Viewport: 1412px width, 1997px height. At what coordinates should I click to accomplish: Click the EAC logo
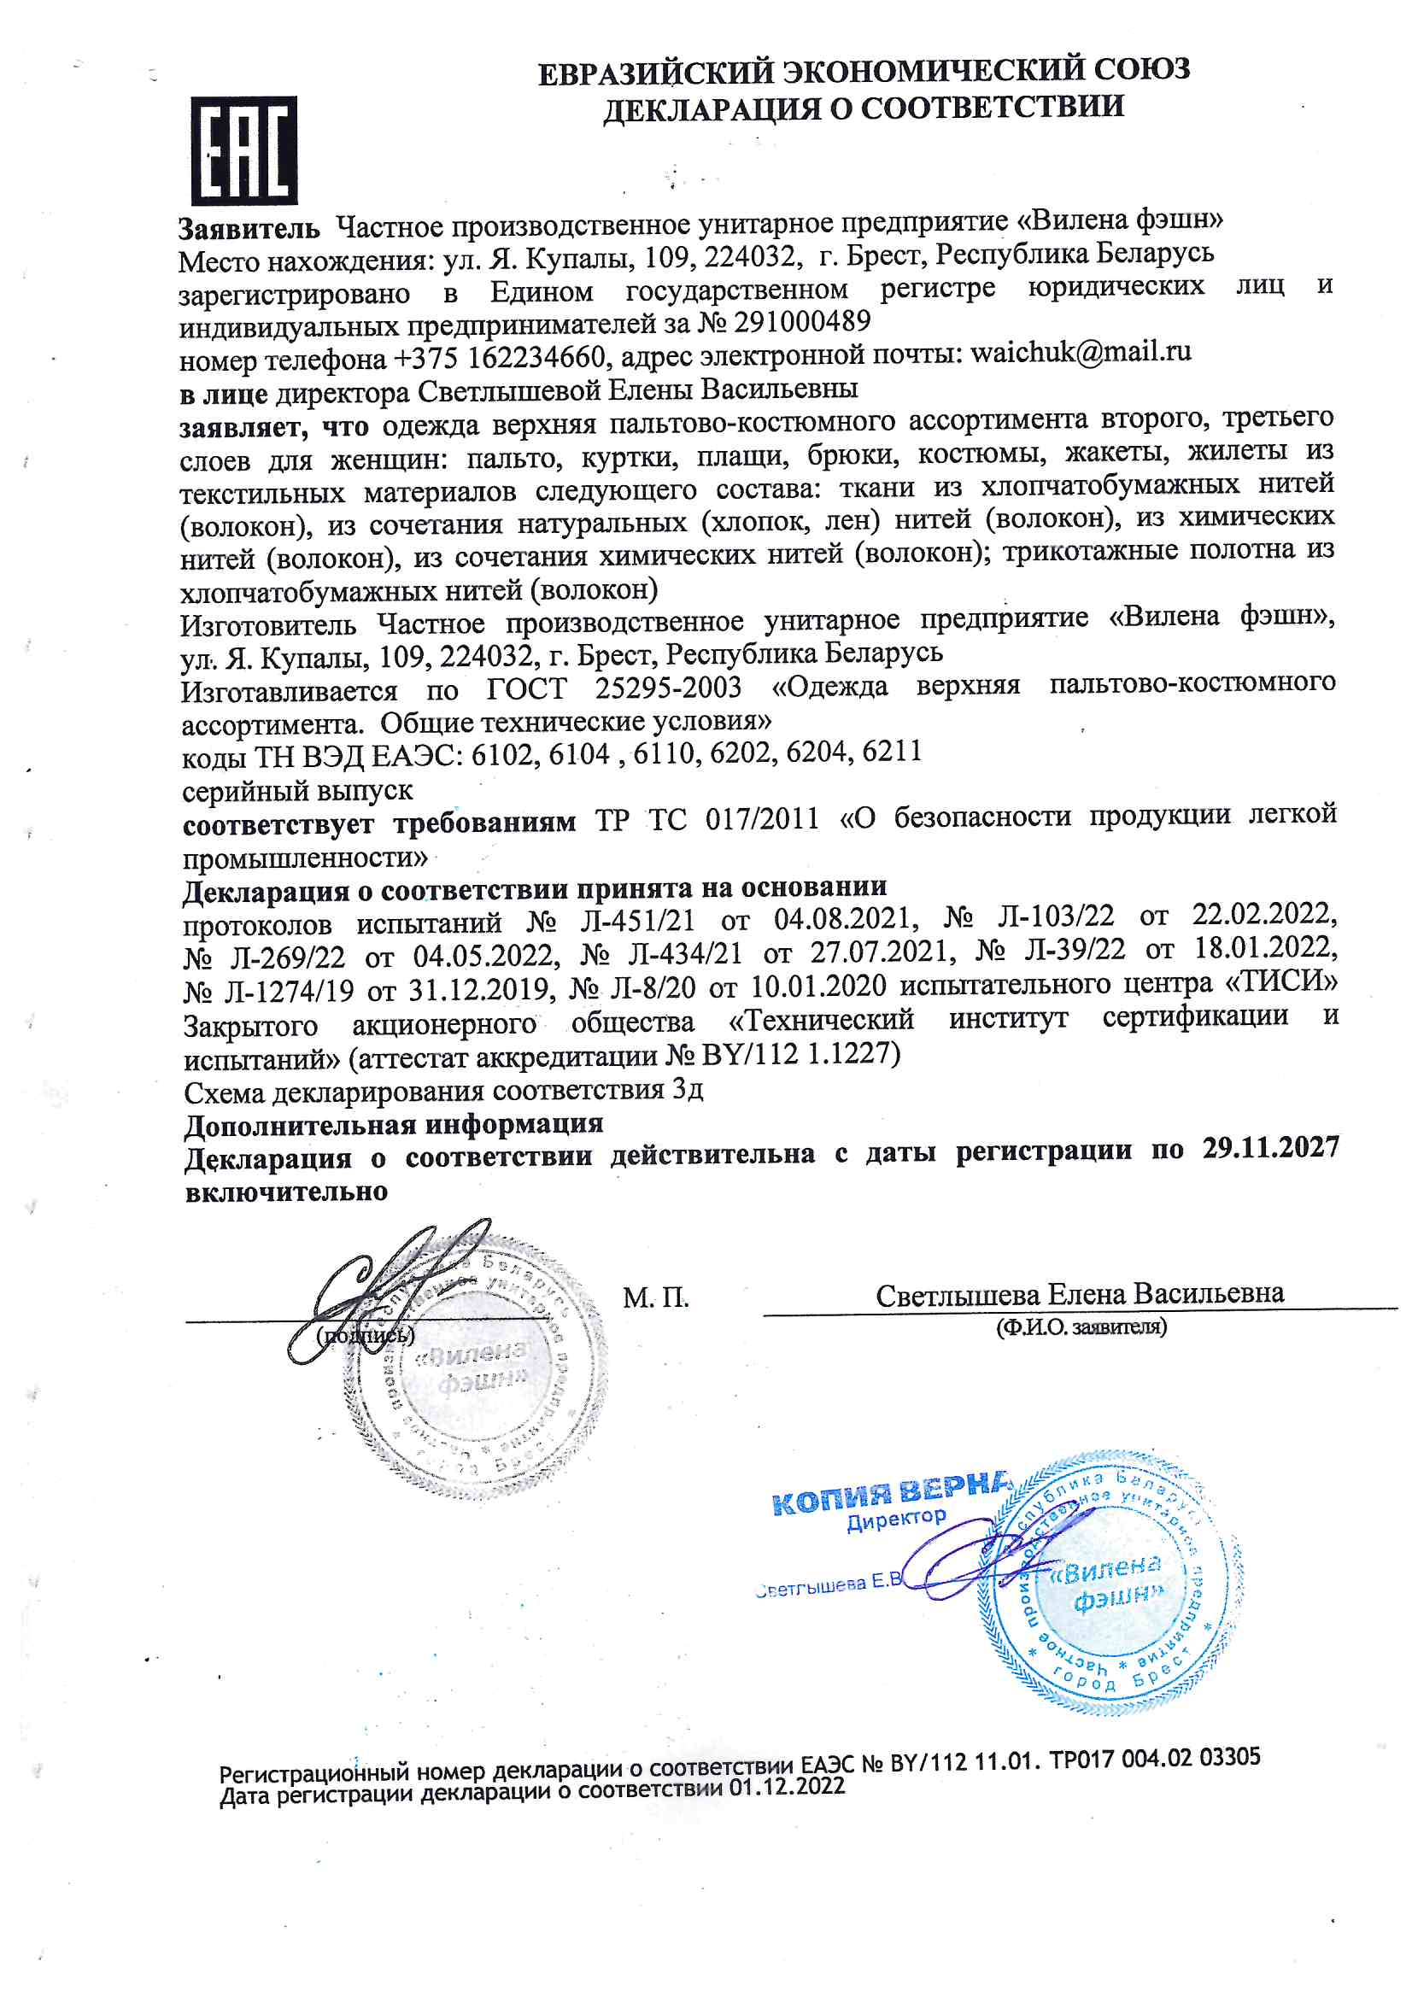pos(243,150)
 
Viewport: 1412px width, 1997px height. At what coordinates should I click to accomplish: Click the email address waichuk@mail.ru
pos(1081,352)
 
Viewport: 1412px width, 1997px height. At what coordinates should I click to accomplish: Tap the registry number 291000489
pos(802,323)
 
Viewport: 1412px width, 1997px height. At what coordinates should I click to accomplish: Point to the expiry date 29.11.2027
pos(1270,1149)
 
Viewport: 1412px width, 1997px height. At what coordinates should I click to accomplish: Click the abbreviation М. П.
pos(655,1298)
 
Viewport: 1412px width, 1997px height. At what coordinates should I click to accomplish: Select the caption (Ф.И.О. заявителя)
pos(1081,1327)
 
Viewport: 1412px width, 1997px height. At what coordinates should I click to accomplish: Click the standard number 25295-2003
pos(668,688)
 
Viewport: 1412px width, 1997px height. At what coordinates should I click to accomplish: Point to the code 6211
pos(892,752)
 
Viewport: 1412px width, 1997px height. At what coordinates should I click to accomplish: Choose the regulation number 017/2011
pos(762,819)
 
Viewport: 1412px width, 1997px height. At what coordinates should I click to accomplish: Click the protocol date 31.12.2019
pos(481,989)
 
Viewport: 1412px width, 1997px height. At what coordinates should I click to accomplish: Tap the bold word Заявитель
pos(249,230)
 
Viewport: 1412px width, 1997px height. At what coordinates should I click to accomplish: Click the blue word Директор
pos(896,1520)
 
